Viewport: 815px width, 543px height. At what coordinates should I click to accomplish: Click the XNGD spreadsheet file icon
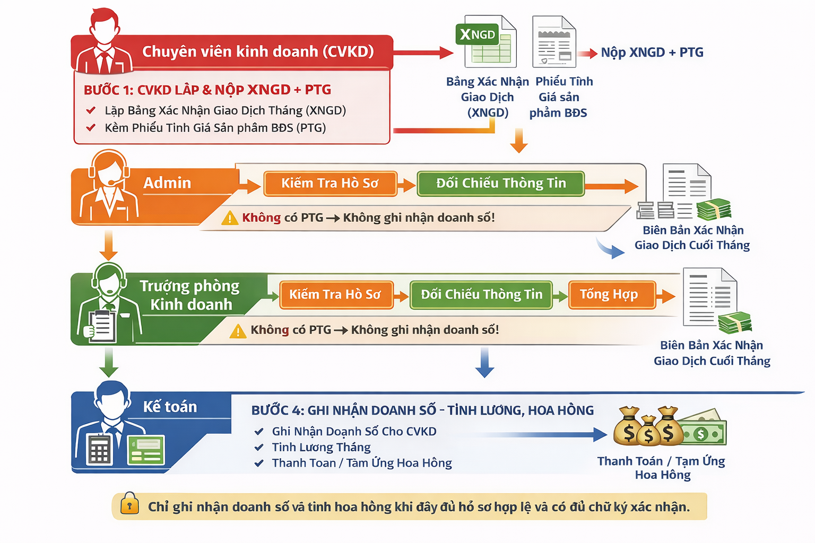tap(486, 42)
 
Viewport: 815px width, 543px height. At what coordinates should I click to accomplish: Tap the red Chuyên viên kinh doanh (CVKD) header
tap(258, 51)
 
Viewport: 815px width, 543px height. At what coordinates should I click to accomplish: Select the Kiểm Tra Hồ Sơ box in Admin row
tap(330, 183)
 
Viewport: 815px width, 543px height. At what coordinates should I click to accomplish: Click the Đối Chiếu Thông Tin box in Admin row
tap(501, 183)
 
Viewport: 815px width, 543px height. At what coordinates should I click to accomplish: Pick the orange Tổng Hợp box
tap(611, 295)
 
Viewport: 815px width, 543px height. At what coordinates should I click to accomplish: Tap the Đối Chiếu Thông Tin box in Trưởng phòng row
tap(481, 295)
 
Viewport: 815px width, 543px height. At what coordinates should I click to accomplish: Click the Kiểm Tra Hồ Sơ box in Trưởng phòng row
tap(335, 295)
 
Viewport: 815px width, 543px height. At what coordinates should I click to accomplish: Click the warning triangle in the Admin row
tap(230, 218)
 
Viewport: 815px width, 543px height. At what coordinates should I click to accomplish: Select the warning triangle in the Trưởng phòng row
tap(238, 331)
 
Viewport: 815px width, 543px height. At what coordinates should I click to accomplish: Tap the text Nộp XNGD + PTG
tap(652, 52)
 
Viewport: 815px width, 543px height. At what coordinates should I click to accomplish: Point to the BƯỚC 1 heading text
tap(207, 90)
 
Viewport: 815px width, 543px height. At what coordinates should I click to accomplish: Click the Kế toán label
tap(170, 407)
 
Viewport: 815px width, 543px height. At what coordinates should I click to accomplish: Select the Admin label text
tap(167, 183)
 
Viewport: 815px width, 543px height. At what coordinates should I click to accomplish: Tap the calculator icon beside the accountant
tap(99, 449)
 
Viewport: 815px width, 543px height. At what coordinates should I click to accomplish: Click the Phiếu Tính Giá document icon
tap(554, 42)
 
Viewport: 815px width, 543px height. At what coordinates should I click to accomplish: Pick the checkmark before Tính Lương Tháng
tap(259, 448)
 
